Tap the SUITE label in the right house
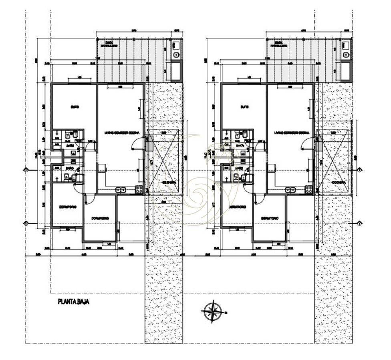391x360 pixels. (x=245, y=107)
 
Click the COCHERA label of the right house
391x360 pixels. (x=339, y=182)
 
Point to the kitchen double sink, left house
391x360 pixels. (x=121, y=189)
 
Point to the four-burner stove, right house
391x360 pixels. (x=309, y=189)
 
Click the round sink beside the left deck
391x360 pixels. (x=176, y=54)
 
